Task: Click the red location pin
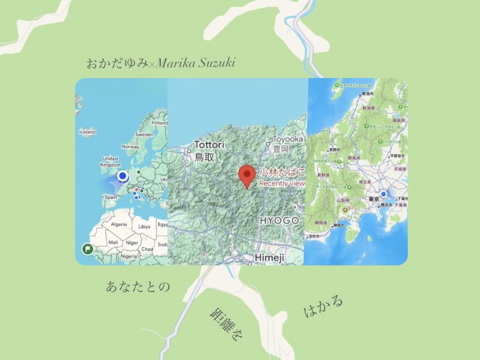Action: (x=247, y=175)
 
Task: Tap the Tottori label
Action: (x=208, y=145)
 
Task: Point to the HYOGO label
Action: (x=279, y=221)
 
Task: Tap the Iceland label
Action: (x=87, y=131)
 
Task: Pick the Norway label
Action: (x=130, y=146)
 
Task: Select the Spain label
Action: (x=110, y=197)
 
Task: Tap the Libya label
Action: (x=144, y=227)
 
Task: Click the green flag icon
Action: (x=87, y=249)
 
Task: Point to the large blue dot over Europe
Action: (x=123, y=176)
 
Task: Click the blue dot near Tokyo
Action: (x=383, y=194)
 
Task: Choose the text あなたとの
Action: (x=137, y=286)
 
